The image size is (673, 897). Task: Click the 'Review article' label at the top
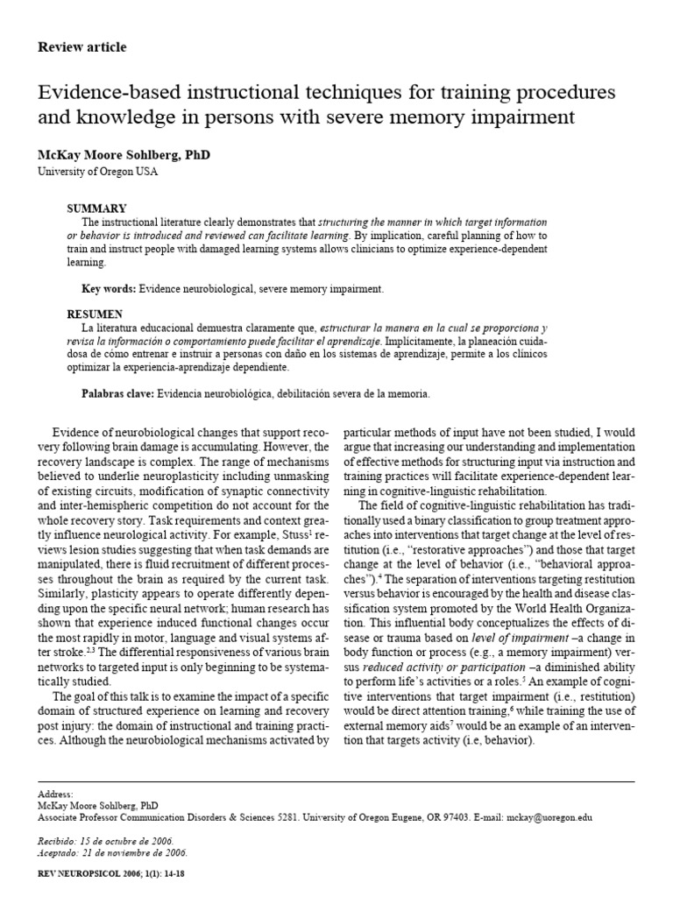(81, 47)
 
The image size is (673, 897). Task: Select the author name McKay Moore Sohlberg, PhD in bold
(124, 155)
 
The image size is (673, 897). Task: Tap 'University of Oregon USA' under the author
(97, 172)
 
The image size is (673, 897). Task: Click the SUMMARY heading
(97, 209)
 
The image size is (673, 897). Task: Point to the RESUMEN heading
(96, 314)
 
